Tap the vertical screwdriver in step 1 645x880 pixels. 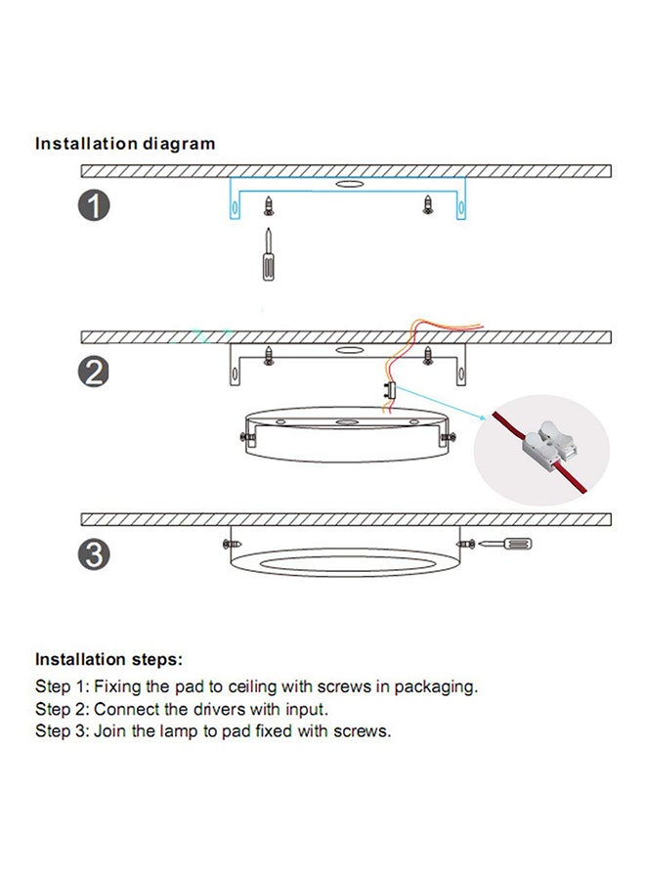point(268,256)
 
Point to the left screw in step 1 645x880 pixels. point(268,205)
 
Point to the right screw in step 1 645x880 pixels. point(427,204)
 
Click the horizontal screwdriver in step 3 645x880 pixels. point(509,542)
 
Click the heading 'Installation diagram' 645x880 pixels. point(125,144)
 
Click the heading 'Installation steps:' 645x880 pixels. point(108,660)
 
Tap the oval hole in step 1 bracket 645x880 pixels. point(347,183)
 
